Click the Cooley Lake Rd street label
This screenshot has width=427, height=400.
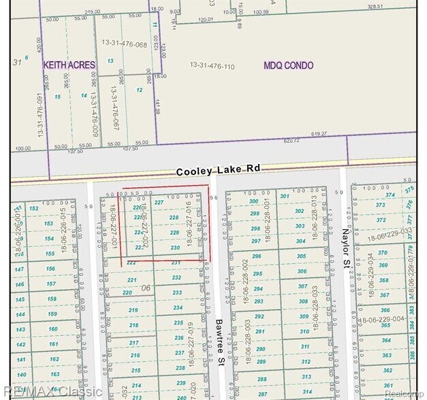click(x=218, y=171)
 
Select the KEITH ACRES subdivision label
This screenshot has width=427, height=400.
click(x=69, y=65)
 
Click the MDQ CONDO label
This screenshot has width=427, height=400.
click(x=289, y=65)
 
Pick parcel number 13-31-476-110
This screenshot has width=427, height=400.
click(x=212, y=66)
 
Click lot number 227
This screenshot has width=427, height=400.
click(x=159, y=202)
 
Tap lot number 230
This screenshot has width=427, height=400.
click(x=175, y=248)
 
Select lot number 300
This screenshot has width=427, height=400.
click(x=254, y=201)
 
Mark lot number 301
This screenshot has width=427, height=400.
click(x=285, y=197)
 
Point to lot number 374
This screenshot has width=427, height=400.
click(x=390, y=195)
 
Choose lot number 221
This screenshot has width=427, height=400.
click(x=132, y=280)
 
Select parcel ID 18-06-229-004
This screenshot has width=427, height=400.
click(x=386, y=319)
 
